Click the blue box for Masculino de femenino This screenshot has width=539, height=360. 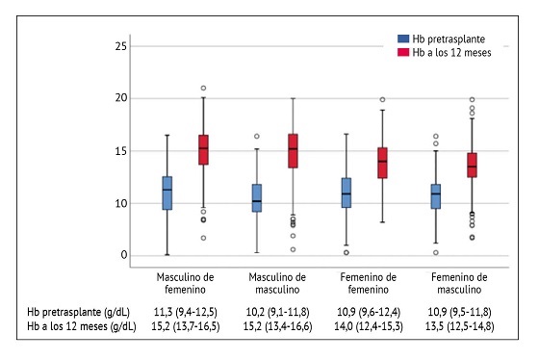point(167,193)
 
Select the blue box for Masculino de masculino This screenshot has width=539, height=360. point(256,197)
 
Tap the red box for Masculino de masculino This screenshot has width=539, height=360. point(293,150)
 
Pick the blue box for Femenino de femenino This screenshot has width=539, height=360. point(346,193)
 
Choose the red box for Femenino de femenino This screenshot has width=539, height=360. point(382,162)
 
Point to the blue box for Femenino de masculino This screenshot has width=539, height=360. point(435,196)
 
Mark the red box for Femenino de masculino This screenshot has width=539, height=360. point(472,165)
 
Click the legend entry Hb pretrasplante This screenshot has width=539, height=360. point(444,39)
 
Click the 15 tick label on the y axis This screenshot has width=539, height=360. point(122,150)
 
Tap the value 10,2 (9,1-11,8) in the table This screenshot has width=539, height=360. point(279,314)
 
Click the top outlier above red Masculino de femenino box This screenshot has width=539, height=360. point(203,89)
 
